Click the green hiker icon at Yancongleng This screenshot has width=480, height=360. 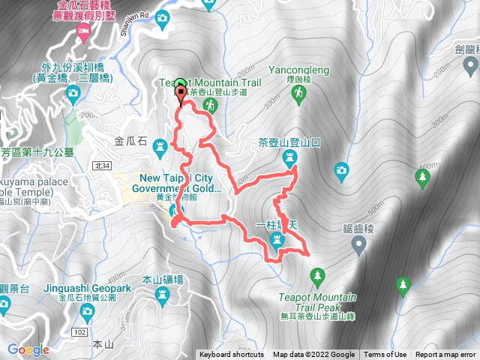pyautogui.click(x=299, y=93)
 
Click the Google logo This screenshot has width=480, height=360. pyautogui.click(x=28, y=349)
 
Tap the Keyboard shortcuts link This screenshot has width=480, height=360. pyautogui.click(x=232, y=355)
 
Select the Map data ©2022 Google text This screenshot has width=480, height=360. pyautogui.click(x=313, y=355)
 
